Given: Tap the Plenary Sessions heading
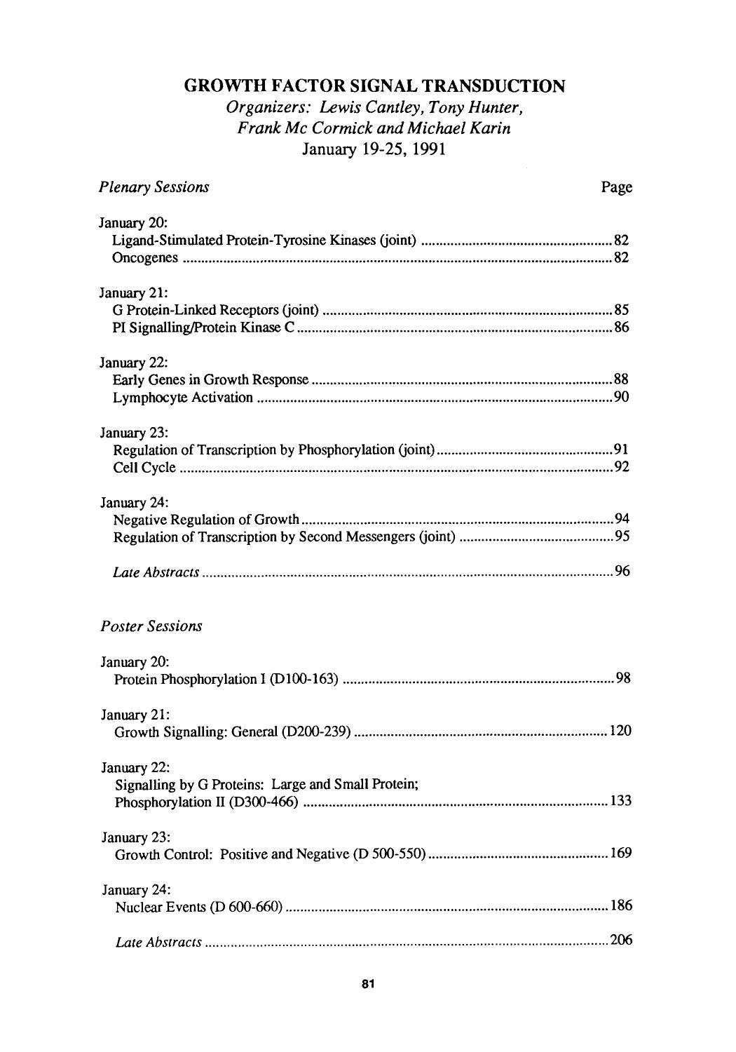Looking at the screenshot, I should click(x=154, y=187).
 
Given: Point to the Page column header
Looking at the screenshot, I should click(x=617, y=187).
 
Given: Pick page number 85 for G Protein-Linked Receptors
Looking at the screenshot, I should click(x=621, y=309).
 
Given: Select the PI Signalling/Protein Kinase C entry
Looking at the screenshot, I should click(x=203, y=327).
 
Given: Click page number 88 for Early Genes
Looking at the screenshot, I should click(x=621, y=380).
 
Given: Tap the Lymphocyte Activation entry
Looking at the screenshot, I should click(x=183, y=398).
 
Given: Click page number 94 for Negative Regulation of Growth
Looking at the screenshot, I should click(x=621, y=520).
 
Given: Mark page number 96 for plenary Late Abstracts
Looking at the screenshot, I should click(x=621, y=572).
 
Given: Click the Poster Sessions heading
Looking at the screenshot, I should click(x=151, y=626).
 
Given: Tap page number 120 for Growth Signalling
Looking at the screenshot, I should click(x=620, y=731).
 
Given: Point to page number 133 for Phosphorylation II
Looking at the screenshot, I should click(x=620, y=802).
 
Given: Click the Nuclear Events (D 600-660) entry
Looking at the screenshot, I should click(x=198, y=906).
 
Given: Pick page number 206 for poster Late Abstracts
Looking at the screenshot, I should click(x=621, y=940).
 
